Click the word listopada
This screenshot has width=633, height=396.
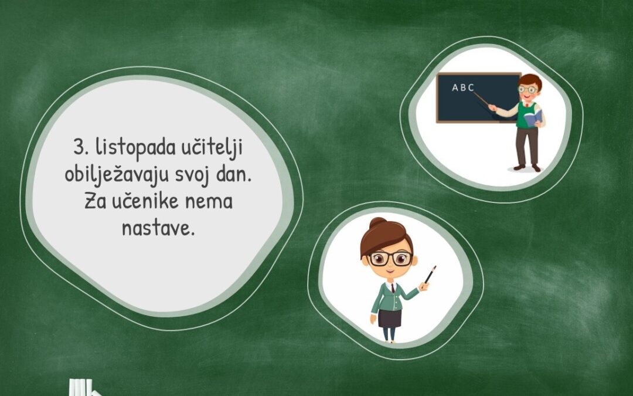(x=135, y=148)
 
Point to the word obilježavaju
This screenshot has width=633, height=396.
(x=117, y=176)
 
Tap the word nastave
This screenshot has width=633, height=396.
(x=158, y=228)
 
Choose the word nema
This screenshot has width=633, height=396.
(x=209, y=202)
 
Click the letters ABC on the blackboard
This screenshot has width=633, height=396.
(x=463, y=87)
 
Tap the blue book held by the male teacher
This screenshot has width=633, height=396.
(x=533, y=118)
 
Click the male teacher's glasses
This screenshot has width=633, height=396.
(x=527, y=89)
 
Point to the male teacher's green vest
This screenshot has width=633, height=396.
(x=526, y=115)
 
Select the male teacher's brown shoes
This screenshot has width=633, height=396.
(x=527, y=167)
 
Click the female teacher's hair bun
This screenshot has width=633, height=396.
(x=377, y=223)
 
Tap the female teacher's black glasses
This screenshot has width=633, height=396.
(x=390, y=258)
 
